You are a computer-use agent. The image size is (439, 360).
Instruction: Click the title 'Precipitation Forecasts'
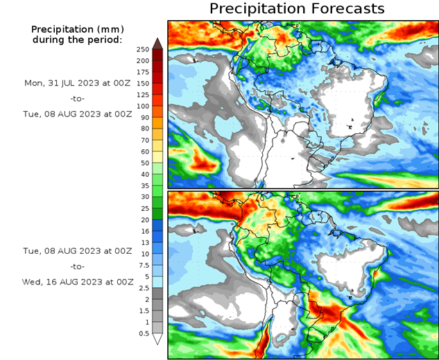click(296, 9)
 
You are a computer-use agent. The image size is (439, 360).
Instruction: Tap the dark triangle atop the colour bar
click(157, 43)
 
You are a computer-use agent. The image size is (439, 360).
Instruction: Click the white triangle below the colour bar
click(157, 339)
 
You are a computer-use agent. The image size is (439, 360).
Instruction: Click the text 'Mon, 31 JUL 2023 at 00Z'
click(76, 83)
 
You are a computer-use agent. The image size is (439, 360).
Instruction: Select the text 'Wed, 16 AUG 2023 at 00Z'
click(76, 282)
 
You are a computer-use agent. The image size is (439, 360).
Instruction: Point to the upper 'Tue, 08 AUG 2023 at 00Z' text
click(76, 114)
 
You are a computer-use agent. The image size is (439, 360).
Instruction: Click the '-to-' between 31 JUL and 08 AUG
click(76, 98)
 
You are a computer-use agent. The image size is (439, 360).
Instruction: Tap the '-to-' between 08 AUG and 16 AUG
click(76, 266)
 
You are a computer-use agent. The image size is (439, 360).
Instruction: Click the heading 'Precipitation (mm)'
click(76, 29)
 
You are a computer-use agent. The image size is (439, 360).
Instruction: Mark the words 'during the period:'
click(76, 40)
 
